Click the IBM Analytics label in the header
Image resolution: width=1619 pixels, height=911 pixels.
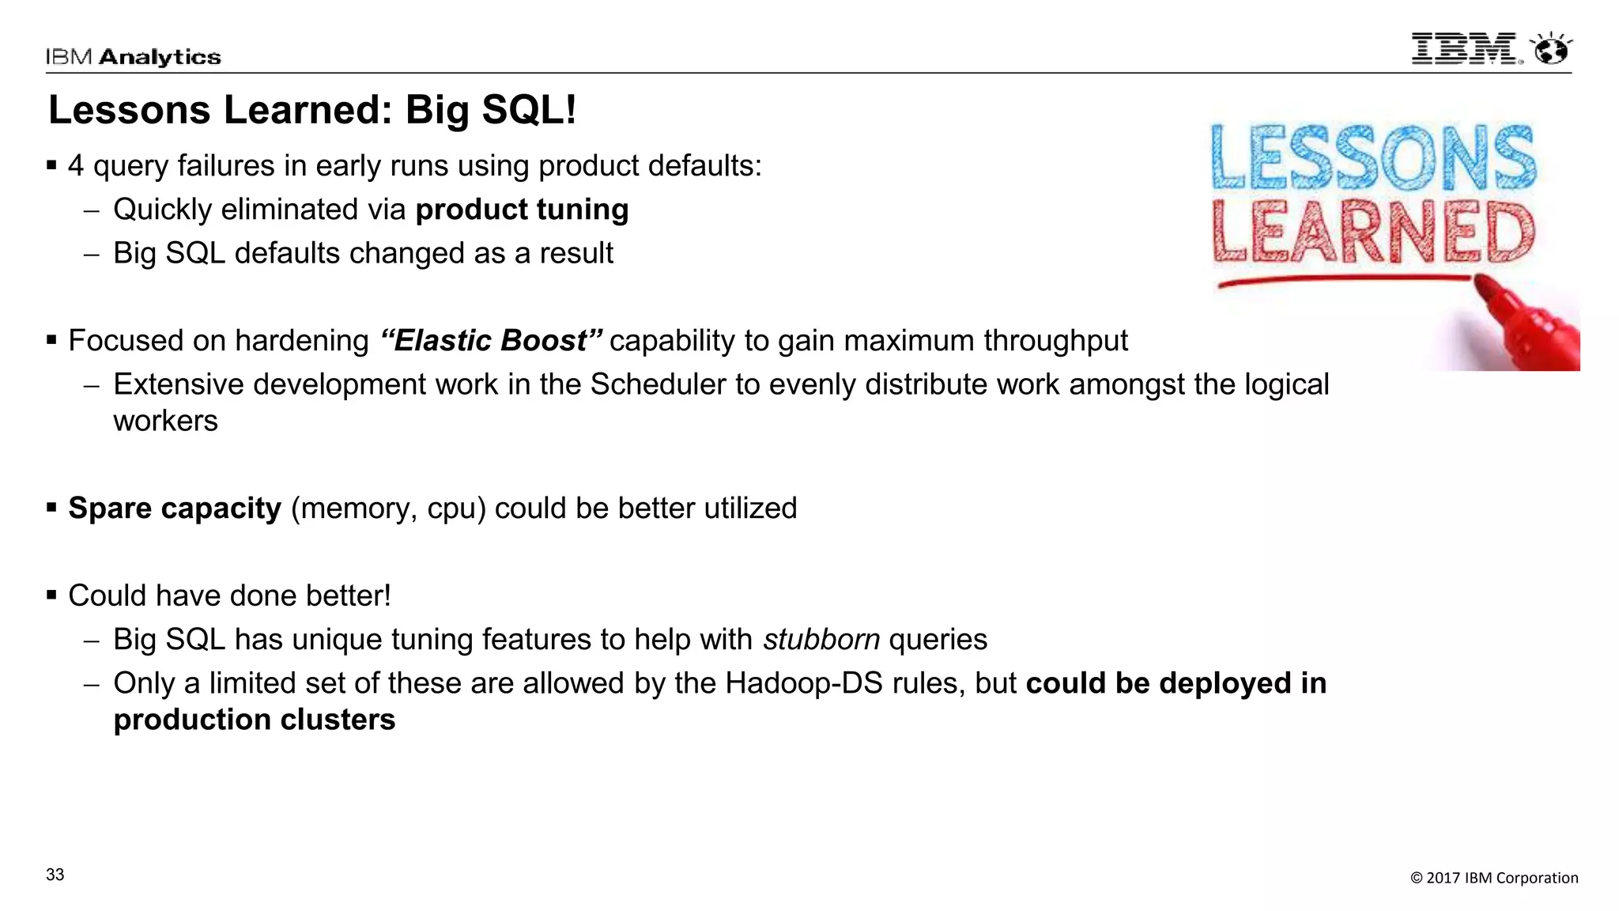pos(133,57)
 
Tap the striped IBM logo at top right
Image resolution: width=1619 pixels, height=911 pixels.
pos(1465,49)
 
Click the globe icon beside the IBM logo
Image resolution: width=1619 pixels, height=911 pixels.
pos(1551,50)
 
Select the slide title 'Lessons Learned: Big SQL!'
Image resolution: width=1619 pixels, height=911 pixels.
pos(312,110)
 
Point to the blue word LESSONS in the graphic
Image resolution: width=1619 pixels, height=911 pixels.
pos(1373,157)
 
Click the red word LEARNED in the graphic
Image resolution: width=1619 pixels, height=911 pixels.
pos(1373,232)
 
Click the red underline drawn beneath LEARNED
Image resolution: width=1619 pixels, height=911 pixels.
pos(1344,281)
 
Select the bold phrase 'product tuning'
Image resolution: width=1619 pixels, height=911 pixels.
pos(522,210)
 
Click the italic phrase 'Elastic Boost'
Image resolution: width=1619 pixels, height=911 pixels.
pos(491,341)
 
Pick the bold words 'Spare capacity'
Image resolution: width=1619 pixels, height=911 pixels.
pos(175,508)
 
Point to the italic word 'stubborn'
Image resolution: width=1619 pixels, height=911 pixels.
pos(821,640)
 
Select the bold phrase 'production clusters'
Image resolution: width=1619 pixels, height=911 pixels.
pos(254,720)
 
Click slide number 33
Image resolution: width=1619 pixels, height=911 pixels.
pos(55,875)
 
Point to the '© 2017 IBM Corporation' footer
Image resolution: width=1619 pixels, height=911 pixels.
pos(1494,878)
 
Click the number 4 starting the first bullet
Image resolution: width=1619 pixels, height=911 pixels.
pos(76,166)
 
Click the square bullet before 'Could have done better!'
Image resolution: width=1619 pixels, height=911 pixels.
pos(51,595)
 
